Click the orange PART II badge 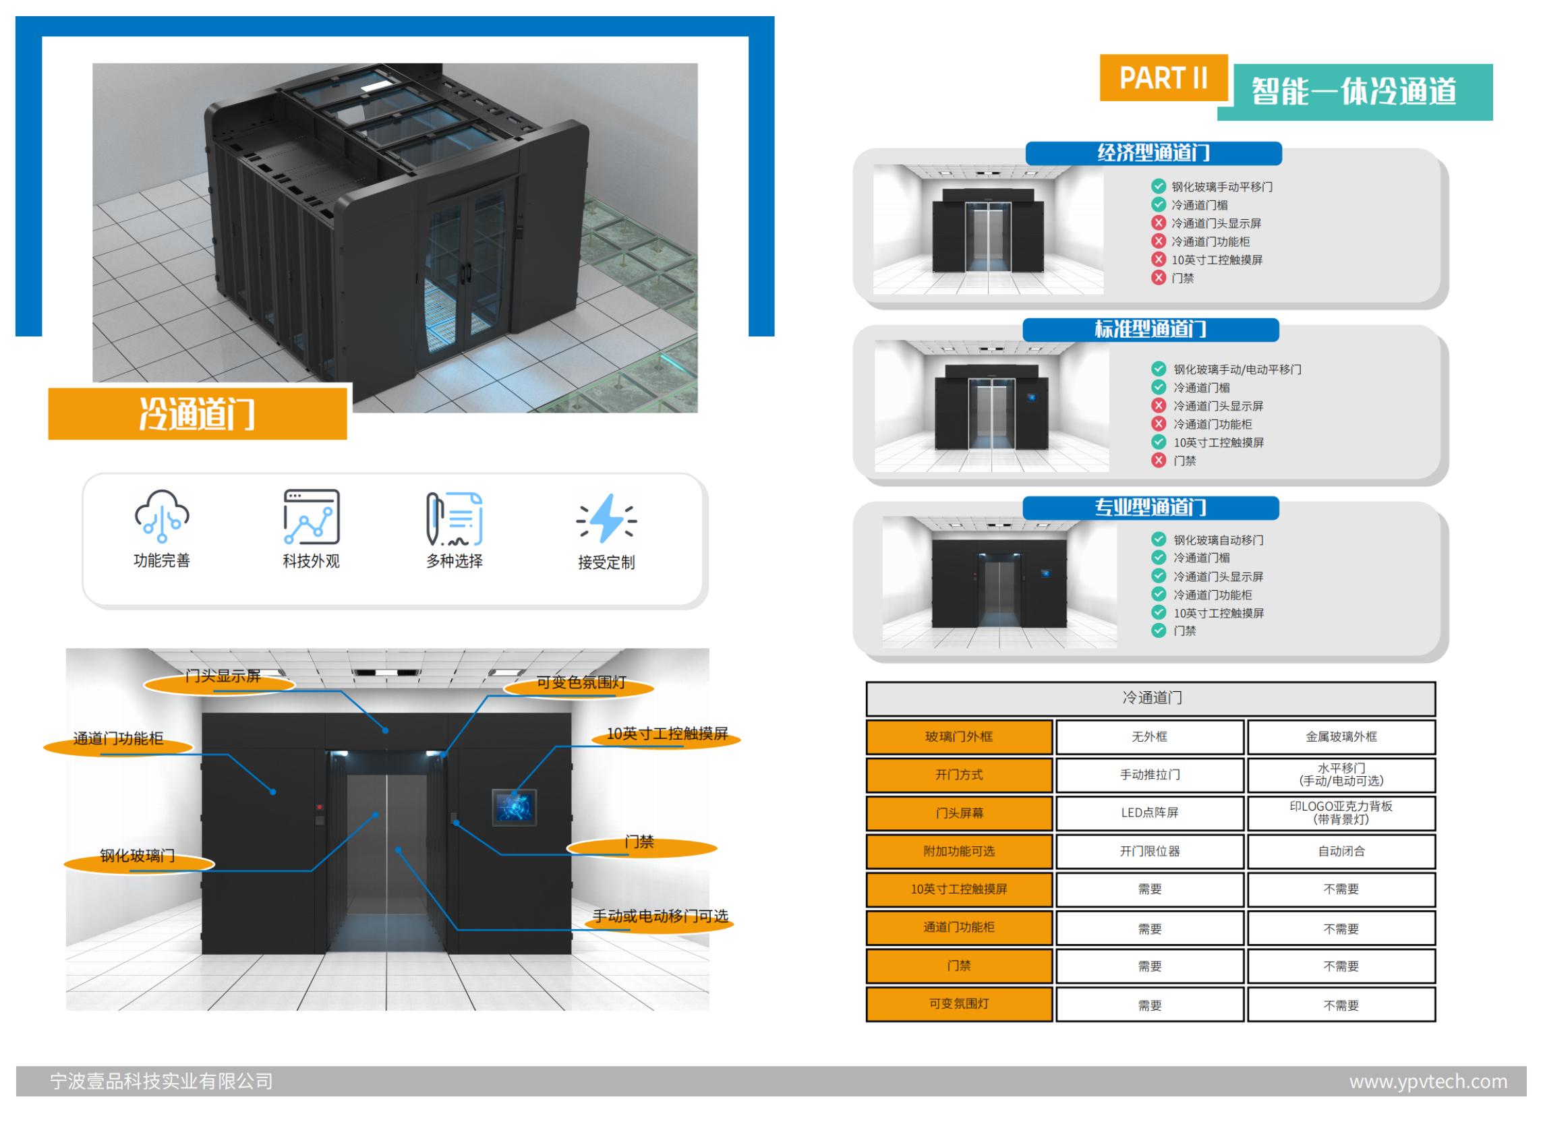[x=1163, y=78]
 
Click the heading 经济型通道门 [x=1153, y=153]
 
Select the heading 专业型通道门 [x=1150, y=508]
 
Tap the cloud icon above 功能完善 [x=162, y=516]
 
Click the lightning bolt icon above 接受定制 [x=606, y=518]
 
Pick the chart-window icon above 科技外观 [x=311, y=517]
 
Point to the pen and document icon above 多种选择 [x=454, y=519]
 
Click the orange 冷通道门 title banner [x=197, y=414]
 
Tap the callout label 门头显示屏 [x=222, y=677]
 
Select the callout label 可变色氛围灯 [x=581, y=683]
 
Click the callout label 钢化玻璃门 [x=138, y=856]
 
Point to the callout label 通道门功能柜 [x=118, y=739]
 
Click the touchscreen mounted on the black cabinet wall [x=514, y=806]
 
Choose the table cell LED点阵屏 [x=1149, y=813]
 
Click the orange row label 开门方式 [x=958, y=775]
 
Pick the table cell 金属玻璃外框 [x=1341, y=736]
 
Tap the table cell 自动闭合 [x=1341, y=851]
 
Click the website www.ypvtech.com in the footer [x=1428, y=1081]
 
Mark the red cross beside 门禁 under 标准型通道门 [x=1158, y=460]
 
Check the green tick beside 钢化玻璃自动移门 [x=1158, y=539]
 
